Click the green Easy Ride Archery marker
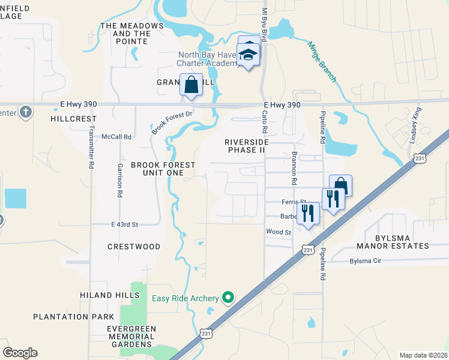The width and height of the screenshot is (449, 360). click(228, 297)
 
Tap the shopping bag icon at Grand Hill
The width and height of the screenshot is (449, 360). click(191, 85)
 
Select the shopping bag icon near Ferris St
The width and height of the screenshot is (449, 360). click(340, 185)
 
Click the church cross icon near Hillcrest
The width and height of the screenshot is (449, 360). click(25, 112)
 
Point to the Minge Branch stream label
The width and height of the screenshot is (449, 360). click(322, 62)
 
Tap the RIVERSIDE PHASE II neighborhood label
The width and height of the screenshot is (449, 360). click(244, 146)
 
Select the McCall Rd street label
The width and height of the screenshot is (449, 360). click(116, 137)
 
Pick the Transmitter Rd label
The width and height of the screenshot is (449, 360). click(92, 149)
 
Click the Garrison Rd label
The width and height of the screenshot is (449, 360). click(120, 181)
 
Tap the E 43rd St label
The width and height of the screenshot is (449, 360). click(125, 224)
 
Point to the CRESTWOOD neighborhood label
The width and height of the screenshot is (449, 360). click(134, 247)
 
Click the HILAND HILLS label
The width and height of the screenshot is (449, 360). click(110, 295)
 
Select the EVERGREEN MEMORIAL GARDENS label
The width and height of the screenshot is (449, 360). click(131, 337)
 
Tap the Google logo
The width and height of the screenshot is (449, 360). click(20, 353)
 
